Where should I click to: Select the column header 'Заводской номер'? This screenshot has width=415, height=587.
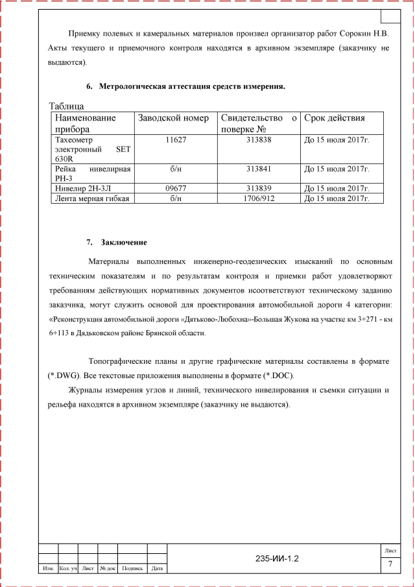click(173, 118)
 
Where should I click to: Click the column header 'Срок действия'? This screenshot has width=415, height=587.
click(335, 118)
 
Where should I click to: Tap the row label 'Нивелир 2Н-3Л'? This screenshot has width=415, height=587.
click(86, 188)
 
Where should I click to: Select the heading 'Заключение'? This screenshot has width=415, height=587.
click(124, 243)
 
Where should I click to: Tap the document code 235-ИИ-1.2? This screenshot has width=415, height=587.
click(277, 558)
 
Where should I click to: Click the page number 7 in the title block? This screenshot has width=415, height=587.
click(390, 564)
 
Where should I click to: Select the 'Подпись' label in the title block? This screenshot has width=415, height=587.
click(132, 569)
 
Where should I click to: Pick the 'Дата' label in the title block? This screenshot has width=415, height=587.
click(156, 569)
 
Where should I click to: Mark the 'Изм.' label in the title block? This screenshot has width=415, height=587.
click(48, 569)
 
